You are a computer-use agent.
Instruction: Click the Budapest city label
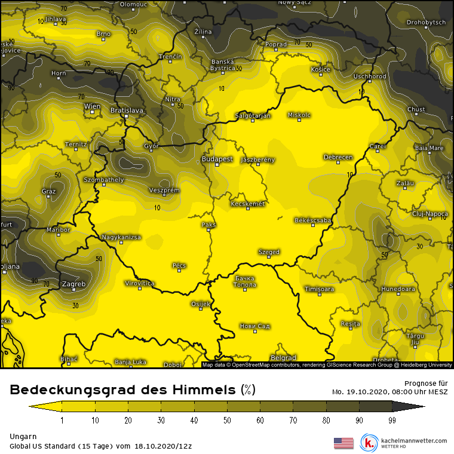[217, 159]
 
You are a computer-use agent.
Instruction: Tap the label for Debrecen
[338, 157]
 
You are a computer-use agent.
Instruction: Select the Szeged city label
[269, 252]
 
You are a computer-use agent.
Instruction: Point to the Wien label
[93, 106]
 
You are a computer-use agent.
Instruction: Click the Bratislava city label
[127, 111]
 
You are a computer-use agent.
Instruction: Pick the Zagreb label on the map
[74, 284]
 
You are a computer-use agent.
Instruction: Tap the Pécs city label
[179, 265]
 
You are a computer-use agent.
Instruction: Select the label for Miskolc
[299, 115]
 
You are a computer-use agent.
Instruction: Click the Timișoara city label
[319, 289]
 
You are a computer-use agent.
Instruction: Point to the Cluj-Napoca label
[430, 213]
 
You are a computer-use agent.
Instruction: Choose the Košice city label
[321, 70]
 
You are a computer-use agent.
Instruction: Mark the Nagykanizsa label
[121, 237]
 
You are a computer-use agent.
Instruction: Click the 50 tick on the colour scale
[227, 421]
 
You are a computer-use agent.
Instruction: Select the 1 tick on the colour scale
[62, 421]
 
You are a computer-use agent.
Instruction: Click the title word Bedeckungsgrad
[77, 391]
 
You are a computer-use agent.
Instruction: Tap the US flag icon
[343, 443]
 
